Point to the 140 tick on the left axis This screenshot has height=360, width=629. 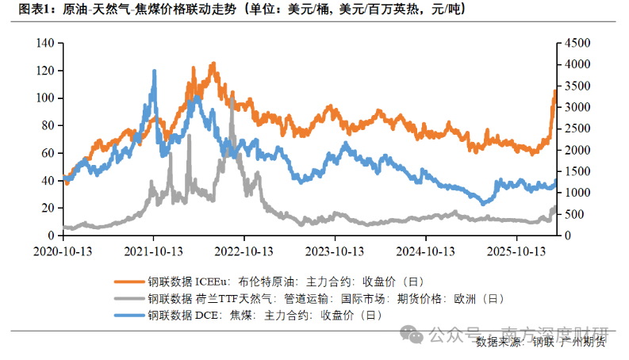pyautogui.click(x=44, y=43)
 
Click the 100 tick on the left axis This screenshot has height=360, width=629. pyautogui.click(x=44, y=98)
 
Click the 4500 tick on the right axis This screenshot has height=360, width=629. pyautogui.click(x=576, y=43)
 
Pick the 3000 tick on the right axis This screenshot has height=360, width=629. pyautogui.click(x=576, y=107)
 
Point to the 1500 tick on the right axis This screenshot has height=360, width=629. pyautogui.click(x=576, y=171)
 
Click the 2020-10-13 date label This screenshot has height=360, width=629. pyautogui.click(x=63, y=251)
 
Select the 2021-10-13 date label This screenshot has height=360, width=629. pyautogui.click(x=153, y=251)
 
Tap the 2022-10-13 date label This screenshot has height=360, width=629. pyautogui.click(x=244, y=251)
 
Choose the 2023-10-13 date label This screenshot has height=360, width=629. pyautogui.click(x=335, y=251)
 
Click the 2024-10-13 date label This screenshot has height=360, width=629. pyautogui.click(x=426, y=251)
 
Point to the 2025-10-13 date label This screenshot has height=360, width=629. pyautogui.click(x=516, y=251)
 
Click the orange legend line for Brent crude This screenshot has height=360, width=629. pyautogui.click(x=129, y=281)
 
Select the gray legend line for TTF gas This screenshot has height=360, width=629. pyautogui.click(x=129, y=298)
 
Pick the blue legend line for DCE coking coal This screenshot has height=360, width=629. pyautogui.click(x=129, y=315)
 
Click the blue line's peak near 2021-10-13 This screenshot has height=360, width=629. pyautogui.click(x=154, y=71)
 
